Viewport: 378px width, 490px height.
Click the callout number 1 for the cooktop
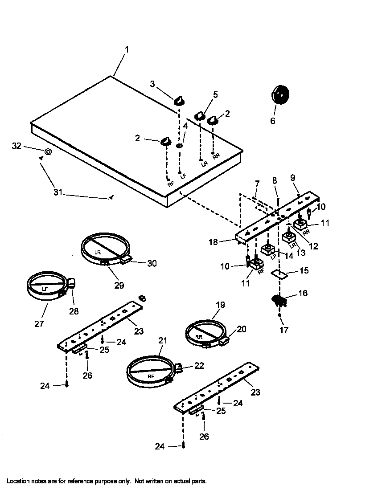(x=126, y=50)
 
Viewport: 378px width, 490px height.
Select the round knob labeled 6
(x=279, y=95)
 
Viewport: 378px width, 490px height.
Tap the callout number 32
(x=16, y=146)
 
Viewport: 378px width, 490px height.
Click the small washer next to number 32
(x=48, y=152)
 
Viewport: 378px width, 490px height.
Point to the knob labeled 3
(x=179, y=100)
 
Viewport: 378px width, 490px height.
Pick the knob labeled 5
(x=199, y=116)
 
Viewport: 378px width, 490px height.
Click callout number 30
(x=152, y=263)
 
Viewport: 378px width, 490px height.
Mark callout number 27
(x=39, y=324)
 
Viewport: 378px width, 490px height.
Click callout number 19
(x=220, y=305)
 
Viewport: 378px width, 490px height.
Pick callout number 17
(x=284, y=330)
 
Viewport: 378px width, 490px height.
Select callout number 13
(x=301, y=253)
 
